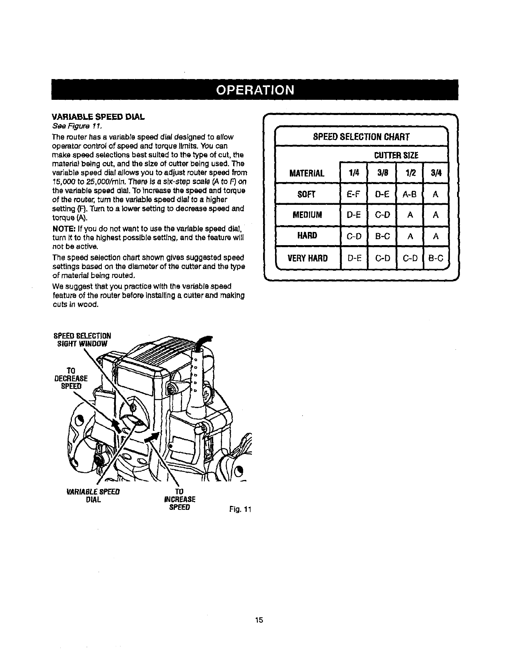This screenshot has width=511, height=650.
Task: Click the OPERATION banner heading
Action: [255, 90]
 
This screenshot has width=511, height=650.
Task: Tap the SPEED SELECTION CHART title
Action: [361, 137]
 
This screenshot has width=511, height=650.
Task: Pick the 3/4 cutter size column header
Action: [436, 173]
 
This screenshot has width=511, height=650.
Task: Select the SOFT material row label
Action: [307, 194]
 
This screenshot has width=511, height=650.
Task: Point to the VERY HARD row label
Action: [307, 258]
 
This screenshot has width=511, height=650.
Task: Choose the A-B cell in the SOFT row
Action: [410, 194]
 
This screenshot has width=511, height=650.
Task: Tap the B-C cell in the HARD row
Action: [382, 236]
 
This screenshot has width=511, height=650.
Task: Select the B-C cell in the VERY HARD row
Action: [436, 258]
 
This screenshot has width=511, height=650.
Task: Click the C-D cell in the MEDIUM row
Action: [382, 215]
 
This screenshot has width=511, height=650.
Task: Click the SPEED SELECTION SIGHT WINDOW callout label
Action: [82, 339]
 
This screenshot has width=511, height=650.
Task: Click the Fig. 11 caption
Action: [241, 509]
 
